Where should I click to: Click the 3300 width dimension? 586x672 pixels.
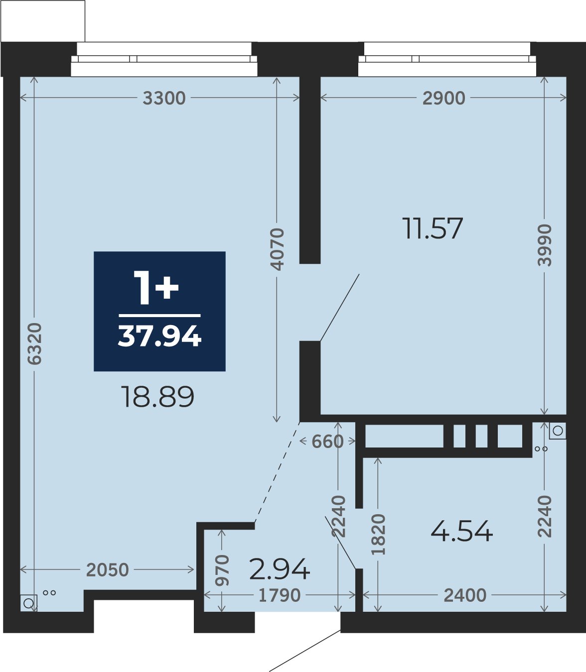click(164, 98)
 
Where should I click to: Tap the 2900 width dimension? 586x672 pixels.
click(443, 98)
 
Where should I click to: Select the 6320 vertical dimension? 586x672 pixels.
click(34, 343)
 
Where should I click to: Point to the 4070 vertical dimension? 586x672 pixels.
click(277, 249)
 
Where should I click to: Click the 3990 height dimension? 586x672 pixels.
click(544, 245)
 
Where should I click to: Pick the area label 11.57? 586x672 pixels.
click(433, 228)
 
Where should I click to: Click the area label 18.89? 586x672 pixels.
click(158, 397)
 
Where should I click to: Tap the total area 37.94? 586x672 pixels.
click(160, 336)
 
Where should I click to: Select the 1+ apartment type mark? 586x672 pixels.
click(156, 288)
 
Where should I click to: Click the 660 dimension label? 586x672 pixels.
click(327, 442)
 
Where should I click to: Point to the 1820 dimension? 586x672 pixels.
click(378, 535)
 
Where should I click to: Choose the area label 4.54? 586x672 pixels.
click(462, 531)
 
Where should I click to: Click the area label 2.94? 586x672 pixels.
click(280, 569)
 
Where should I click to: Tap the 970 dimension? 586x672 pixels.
click(222, 570)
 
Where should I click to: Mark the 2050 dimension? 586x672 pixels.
click(108, 570)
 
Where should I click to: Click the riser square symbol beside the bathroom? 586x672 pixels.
click(558, 430)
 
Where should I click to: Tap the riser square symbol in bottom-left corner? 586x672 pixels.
click(28, 603)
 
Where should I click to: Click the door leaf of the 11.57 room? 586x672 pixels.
click(339, 308)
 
